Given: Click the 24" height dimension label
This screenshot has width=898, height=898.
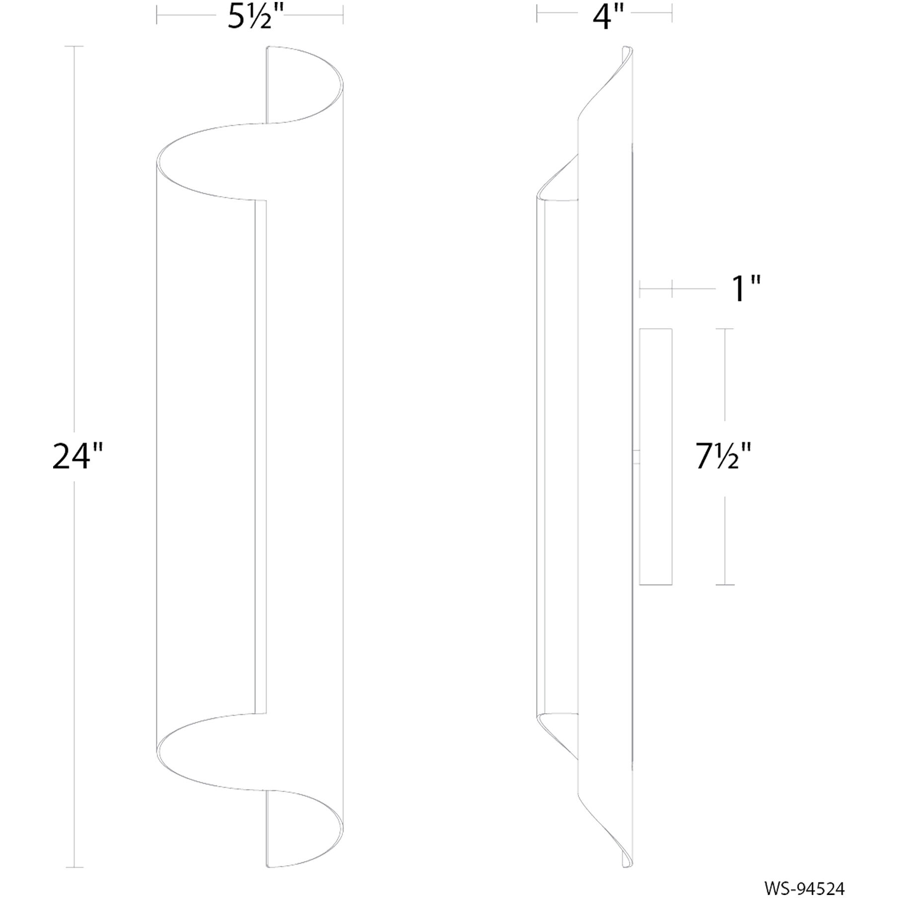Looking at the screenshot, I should click(x=77, y=457).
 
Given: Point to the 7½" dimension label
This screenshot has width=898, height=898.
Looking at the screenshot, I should click(x=723, y=457).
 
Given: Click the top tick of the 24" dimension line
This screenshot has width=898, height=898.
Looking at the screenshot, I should click(x=75, y=46).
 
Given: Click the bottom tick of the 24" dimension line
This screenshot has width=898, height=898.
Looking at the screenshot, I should click(x=75, y=867).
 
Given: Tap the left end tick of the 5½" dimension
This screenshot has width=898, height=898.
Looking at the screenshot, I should click(x=157, y=14).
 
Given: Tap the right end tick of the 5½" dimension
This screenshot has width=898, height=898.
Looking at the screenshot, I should click(x=343, y=14).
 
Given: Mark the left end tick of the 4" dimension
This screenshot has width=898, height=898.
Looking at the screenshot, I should click(x=537, y=14).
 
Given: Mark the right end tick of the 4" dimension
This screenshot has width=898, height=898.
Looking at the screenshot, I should click(x=672, y=14).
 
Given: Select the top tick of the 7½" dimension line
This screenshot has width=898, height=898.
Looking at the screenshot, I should click(x=725, y=329).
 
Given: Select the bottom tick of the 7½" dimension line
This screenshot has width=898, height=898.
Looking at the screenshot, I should click(x=725, y=585).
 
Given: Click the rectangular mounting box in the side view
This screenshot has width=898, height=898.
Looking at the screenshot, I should click(x=656, y=457).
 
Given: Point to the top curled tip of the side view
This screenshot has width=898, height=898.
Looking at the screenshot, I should click(x=627, y=50).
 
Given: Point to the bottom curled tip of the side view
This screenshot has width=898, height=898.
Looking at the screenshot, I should click(x=627, y=864).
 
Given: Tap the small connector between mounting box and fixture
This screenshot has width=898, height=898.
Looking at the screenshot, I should click(x=636, y=457).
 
